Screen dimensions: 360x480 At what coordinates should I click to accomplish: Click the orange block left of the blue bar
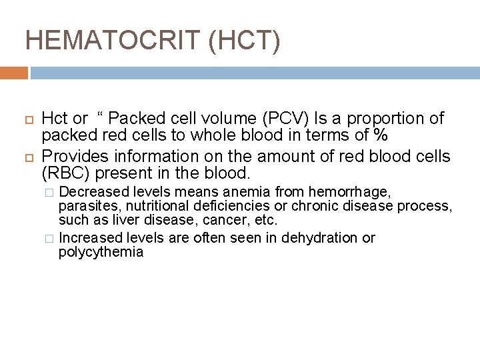14,72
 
